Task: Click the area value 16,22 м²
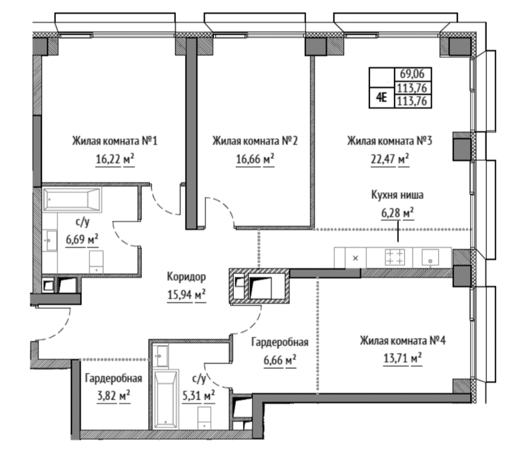pyautogui.click(x=115, y=159)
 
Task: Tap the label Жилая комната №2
pyautogui.click(x=255, y=140)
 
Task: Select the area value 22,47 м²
pyautogui.click(x=390, y=159)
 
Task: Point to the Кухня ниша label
pyautogui.click(x=397, y=194)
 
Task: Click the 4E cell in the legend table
pyautogui.click(x=381, y=97)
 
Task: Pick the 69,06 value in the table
pyautogui.click(x=412, y=73)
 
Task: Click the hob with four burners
pyautogui.click(x=395, y=257)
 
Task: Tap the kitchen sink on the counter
pyautogui.click(x=431, y=258)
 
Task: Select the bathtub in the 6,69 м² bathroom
pyautogui.click(x=72, y=200)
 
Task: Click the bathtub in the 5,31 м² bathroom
pyautogui.click(x=165, y=399)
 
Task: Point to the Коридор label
pyautogui.click(x=187, y=277)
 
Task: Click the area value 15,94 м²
pyautogui.click(x=187, y=295)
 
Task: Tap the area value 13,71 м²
pyautogui.click(x=403, y=358)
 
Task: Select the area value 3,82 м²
pyautogui.click(x=113, y=396)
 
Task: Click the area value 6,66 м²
pyautogui.click(x=280, y=360)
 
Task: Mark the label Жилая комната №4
pyautogui.click(x=403, y=341)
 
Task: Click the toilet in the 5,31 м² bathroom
pyautogui.click(x=204, y=418)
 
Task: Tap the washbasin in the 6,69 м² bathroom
pyautogui.click(x=51, y=240)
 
